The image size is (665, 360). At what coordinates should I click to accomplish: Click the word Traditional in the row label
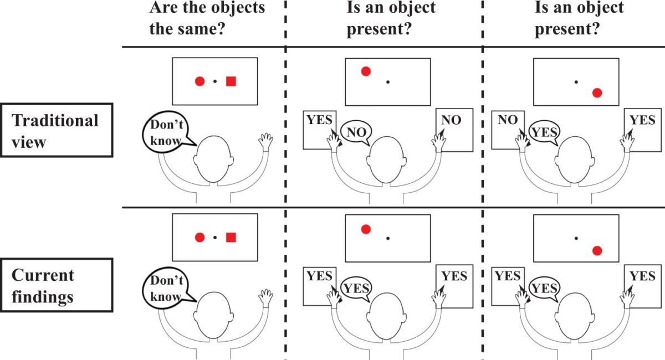[x=55, y=120]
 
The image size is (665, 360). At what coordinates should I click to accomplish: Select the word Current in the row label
[x=43, y=275]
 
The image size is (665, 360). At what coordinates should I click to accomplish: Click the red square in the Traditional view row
[x=231, y=81]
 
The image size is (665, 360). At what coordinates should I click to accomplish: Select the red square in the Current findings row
[x=231, y=238]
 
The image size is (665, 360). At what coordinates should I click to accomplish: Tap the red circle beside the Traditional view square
[x=200, y=81]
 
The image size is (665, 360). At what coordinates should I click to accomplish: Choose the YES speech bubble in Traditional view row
[x=545, y=131]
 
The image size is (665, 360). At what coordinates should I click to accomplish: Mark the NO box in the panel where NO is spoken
[x=453, y=128]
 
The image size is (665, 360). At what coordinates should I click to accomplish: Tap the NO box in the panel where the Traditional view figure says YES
[x=508, y=128]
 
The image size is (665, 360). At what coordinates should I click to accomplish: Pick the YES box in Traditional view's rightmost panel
[x=642, y=128]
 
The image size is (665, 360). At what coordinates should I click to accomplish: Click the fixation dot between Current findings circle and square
[x=215, y=238]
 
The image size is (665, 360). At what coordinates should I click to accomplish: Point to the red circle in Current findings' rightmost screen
[x=597, y=250]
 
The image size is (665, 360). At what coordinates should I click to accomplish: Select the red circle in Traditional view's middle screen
[x=366, y=71]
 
